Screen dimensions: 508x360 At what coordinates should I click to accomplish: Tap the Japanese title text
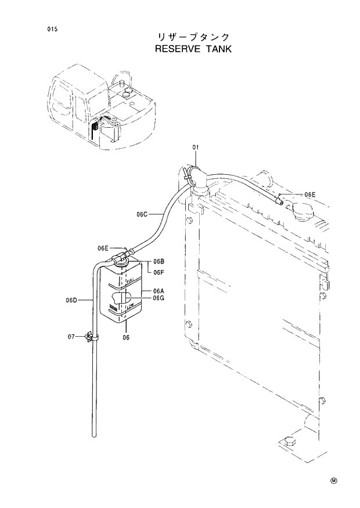click(x=193, y=37)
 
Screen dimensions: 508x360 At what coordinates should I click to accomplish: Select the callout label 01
click(x=196, y=148)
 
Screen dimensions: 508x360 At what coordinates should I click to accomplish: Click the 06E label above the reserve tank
click(x=103, y=248)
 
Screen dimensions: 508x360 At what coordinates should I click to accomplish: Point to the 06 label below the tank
click(x=126, y=337)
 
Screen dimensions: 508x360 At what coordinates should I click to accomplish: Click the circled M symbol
click(x=334, y=481)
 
